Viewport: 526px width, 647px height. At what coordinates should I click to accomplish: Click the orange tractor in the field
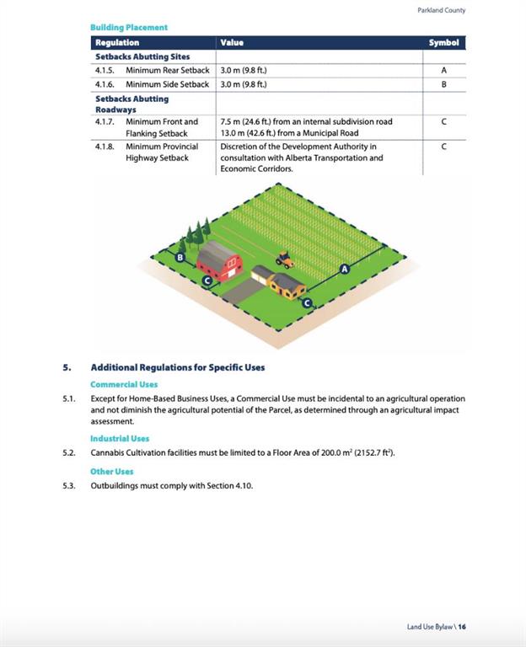[285, 259]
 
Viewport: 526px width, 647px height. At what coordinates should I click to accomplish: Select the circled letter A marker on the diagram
[344, 269]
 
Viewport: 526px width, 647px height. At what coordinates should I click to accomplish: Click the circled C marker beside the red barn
[207, 281]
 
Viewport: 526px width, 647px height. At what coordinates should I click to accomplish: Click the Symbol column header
[443, 42]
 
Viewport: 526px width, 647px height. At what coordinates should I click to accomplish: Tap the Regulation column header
[117, 42]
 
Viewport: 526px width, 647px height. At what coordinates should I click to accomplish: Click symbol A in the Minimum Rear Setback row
[443, 70]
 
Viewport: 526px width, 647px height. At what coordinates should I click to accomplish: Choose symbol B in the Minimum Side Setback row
[443, 84]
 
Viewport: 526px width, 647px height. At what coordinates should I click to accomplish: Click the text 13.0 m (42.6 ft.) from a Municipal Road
[289, 133]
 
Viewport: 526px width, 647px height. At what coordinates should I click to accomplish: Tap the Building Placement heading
[129, 27]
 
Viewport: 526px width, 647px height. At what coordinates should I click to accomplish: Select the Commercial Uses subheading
[124, 384]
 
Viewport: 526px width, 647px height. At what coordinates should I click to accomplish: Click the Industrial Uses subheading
[120, 438]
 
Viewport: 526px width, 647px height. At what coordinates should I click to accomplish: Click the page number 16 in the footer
[462, 627]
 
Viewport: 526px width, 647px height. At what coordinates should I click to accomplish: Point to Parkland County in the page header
[441, 10]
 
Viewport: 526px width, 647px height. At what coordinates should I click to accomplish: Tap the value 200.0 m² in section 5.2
[341, 453]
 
